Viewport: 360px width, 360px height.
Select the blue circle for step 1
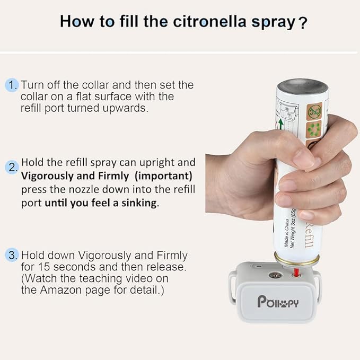tap(12, 85)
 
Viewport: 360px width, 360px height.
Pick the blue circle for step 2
tap(12, 168)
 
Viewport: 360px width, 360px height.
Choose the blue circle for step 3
tap(12, 255)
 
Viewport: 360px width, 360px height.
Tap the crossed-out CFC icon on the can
tap(314, 111)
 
